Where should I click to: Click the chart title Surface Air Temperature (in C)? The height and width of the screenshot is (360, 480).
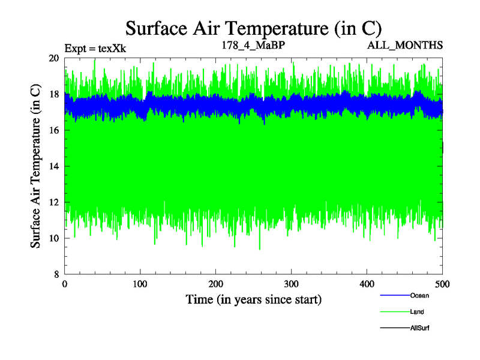click(x=253, y=28)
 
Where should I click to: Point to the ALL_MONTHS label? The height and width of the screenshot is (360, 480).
click(x=410, y=45)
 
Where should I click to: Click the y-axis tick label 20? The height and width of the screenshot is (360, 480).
click(x=53, y=58)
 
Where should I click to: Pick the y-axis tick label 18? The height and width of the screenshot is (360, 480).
click(x=53, y=94)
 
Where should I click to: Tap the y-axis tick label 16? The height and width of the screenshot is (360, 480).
click(x=53, y=130)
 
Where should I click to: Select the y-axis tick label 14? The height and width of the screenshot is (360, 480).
click(x=53, y=166)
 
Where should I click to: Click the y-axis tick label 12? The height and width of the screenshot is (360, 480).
click(x=53, y=202)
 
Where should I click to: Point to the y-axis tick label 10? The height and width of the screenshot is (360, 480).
click(x=53, y=238)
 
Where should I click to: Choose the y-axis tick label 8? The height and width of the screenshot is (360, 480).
click(x=56, y=274)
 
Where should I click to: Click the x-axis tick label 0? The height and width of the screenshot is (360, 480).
click(x=65, y=284)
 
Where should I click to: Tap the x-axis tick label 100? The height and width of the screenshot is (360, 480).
click(x=140, y=284)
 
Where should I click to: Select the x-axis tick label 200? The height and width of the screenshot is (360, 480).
click(x=216, y=284)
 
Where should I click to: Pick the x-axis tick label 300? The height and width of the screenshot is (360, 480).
click(x=292, y=284)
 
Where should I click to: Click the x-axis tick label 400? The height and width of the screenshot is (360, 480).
click(x=367, y=284)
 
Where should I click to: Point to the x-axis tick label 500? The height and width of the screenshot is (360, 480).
click(x=443, y=284)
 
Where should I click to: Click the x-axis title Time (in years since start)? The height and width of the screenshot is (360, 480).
click(x=253, y=299)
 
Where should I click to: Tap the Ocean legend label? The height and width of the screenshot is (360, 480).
click(x=419, y=295)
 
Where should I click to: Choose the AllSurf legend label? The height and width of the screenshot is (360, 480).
click(x=420, y=328)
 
